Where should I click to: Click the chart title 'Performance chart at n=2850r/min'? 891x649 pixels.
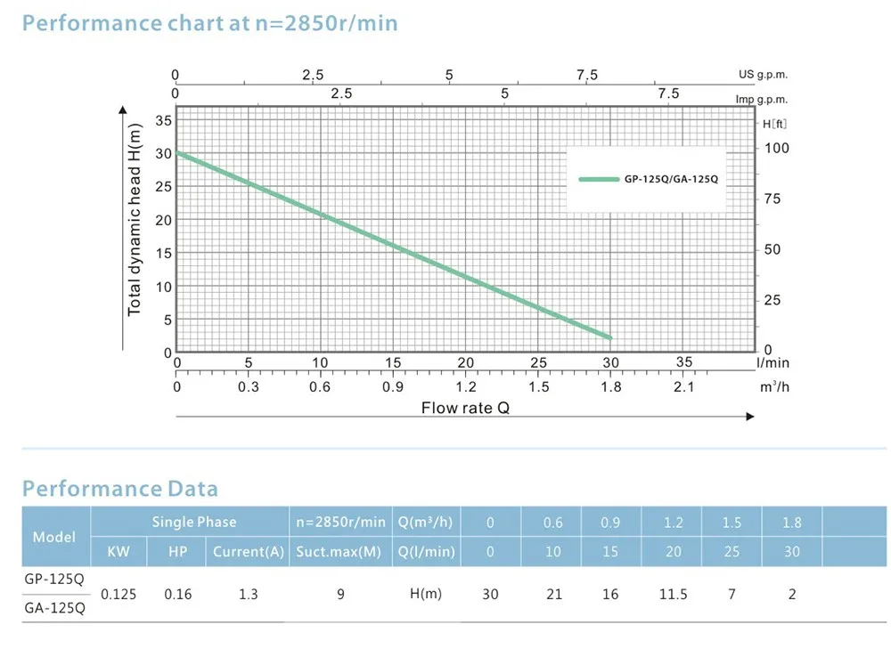(x=209, y=22)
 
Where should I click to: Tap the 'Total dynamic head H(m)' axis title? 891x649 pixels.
(x=135, y=220)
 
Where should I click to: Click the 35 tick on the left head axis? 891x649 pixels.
(x=165, y=120)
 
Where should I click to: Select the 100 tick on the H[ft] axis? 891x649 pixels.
(x=777, y=148)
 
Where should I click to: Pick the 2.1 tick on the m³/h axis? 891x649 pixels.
(x=684, y=386)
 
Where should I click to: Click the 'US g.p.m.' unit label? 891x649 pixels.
(x=764, y=75)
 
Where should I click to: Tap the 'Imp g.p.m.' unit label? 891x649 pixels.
(x=762, y=100)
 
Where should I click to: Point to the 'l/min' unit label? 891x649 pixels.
(x=772, y=363)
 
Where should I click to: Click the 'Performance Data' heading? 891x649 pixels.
(x=119, y=488)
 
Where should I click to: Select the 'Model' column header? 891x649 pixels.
(x=54, y=537)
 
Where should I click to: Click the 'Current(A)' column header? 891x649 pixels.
(x=249, y=552)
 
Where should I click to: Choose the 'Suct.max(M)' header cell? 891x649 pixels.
(x=340, y=552)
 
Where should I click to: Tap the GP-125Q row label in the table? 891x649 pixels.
(x=54, y=578)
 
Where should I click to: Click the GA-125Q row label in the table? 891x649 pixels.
(x=54, y=609)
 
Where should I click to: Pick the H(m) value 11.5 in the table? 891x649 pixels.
(x=674, y=594)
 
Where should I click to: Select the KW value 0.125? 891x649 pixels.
(x=119, y=594)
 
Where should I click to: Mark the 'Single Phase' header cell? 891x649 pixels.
(x=194, y=522)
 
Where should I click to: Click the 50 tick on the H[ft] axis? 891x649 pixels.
(x=773, y=250)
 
